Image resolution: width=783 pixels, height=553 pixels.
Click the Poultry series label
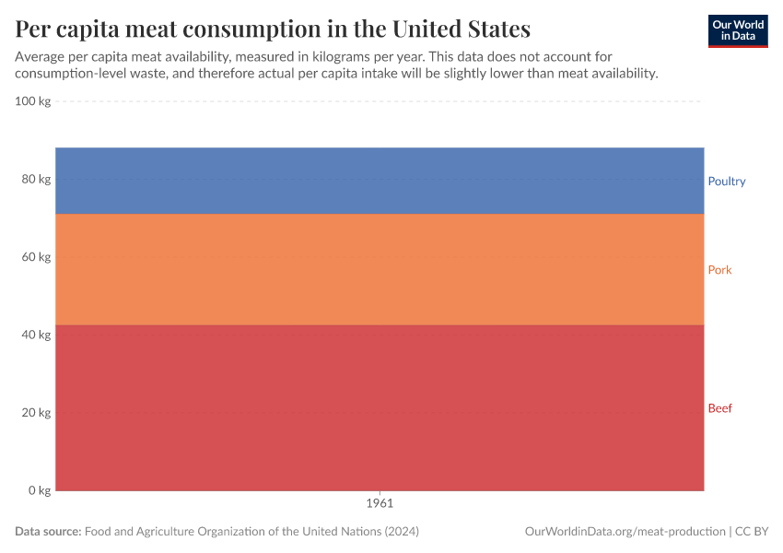[x=726, y=182]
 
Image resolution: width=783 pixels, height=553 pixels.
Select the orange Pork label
[x=719, y=270]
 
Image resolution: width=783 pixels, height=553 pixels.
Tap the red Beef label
[x=719, y=408]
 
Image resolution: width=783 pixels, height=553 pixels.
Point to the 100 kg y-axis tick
[x=33, y=101]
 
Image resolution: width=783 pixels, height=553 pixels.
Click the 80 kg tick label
[x=36, y=179]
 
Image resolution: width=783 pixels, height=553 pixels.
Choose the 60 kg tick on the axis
[x=36, y=257]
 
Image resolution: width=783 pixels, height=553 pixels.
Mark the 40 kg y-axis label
[x=36, y=335]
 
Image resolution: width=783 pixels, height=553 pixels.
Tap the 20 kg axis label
[x=36, y=413]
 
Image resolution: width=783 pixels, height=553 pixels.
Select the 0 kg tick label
[x=39, y=490]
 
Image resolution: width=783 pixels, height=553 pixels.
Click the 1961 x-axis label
[x=380, y=504]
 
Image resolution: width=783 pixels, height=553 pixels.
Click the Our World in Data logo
[x=737, y=30]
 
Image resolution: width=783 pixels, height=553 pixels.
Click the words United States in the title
[x=461, y=29]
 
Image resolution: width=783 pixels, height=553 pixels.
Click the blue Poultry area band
[x=380, y=181]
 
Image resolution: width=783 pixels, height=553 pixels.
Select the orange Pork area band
[x=380, y=269]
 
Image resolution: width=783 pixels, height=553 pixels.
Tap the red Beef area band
[x=380, y=407]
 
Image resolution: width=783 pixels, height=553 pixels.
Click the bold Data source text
[x=48, y=532]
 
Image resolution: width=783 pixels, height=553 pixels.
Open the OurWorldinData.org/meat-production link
[x=624, y=532]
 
